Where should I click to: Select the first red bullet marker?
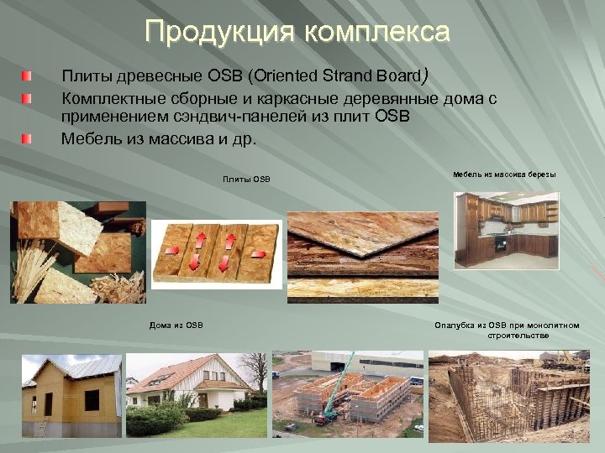click(29, 77)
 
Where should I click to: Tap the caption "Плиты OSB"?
click(246, 180)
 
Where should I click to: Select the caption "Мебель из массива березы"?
click(504, 174)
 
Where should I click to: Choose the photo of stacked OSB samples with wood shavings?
click(77, 252)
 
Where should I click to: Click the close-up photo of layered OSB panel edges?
click(364, 249)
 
